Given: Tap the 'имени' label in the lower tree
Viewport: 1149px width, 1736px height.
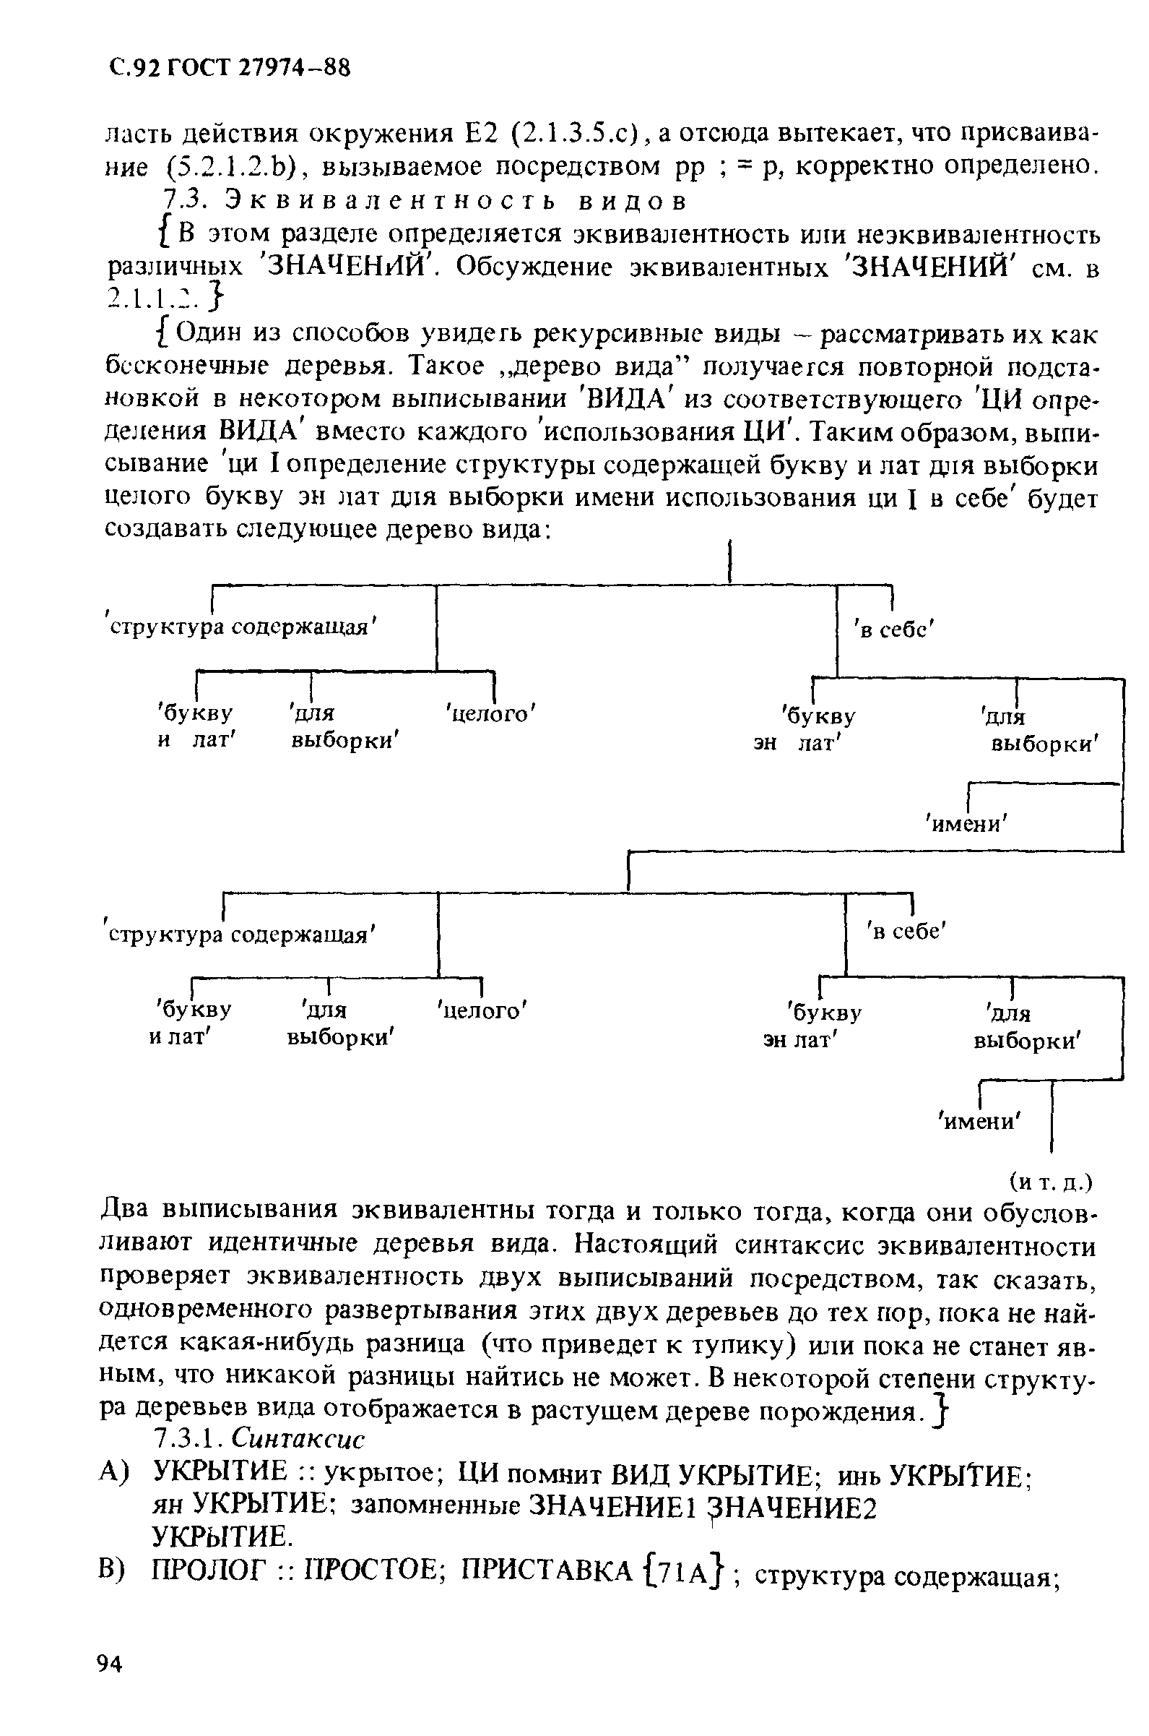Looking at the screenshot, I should (x=981, y=1121).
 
